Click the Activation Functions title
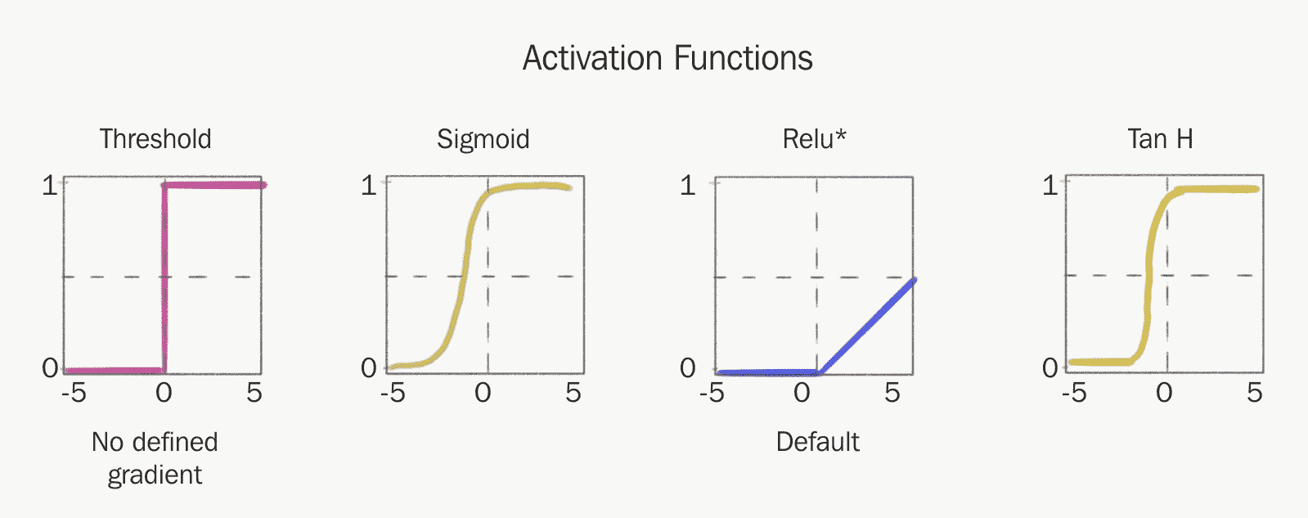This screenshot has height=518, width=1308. (x=667, y=58)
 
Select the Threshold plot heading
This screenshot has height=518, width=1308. (x=155, y=139)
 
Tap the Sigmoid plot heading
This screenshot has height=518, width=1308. (x=483, y=140)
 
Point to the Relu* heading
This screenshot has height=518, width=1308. (x=814, y=139)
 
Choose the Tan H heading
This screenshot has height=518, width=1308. (x=1160, y=139)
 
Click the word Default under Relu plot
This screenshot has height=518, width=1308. (x=817, y=442)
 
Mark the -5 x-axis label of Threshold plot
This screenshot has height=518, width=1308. (x=74, y=393)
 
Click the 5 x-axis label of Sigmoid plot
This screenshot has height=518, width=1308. (x=573, y=393)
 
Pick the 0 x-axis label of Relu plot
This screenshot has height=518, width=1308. (x=802, y=393)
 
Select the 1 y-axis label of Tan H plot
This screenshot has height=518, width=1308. (x=1050, y=186)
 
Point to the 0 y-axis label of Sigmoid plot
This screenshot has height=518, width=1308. (x=369, y=368)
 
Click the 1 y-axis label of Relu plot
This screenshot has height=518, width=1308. (x=688, y=186)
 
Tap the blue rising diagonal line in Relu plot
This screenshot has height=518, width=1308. (x=867, y=327)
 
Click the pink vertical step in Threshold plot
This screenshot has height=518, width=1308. (x=164, y=278)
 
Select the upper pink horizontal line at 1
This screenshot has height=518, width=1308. (x=214, y=185)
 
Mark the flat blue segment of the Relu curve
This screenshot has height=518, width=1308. (x=768, y=372)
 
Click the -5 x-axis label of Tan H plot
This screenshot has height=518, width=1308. (x=1074, y=393)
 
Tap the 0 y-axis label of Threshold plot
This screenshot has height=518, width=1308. (x=50, y=368)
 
